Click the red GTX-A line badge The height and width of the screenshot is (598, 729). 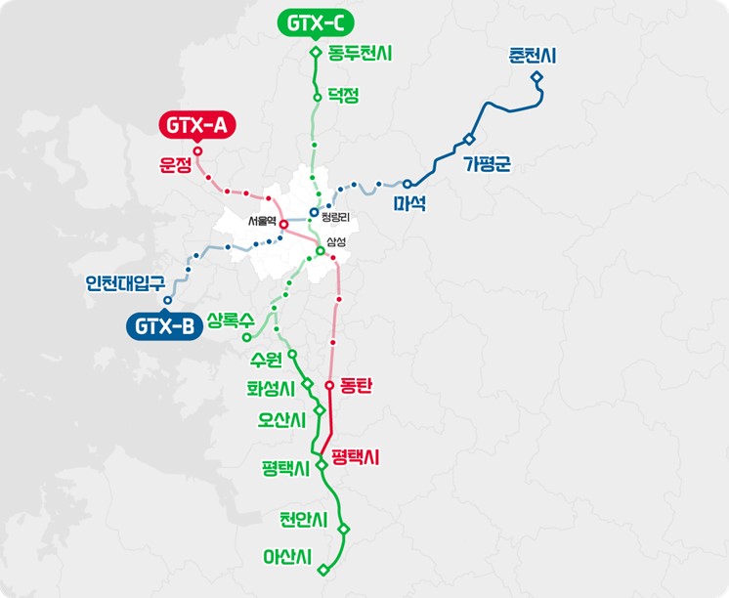pos(196,125)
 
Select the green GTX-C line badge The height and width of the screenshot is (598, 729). pos(316,21)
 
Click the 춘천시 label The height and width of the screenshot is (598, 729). pos(533,57)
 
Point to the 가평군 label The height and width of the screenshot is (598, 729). pos(488,164)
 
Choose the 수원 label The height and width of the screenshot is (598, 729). pos(266,357)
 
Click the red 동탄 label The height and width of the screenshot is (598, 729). pos(358,386)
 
